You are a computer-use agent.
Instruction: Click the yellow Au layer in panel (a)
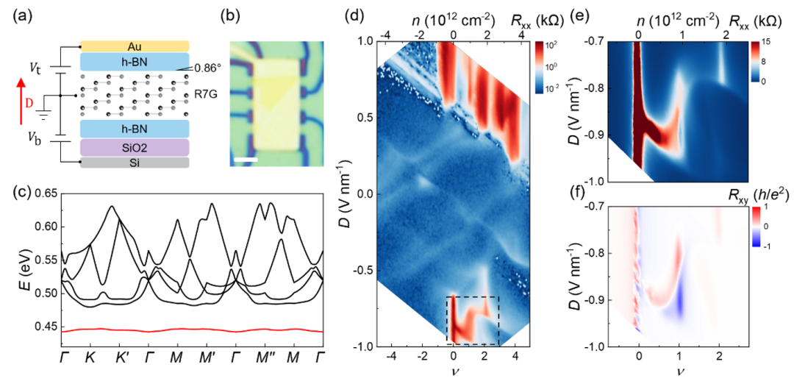[x=135, y=46]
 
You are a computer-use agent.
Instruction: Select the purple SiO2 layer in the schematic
[x=135, y=148]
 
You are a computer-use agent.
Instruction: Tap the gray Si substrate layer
[x=135, y=163]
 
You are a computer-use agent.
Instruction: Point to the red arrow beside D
[x=17, y=95]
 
